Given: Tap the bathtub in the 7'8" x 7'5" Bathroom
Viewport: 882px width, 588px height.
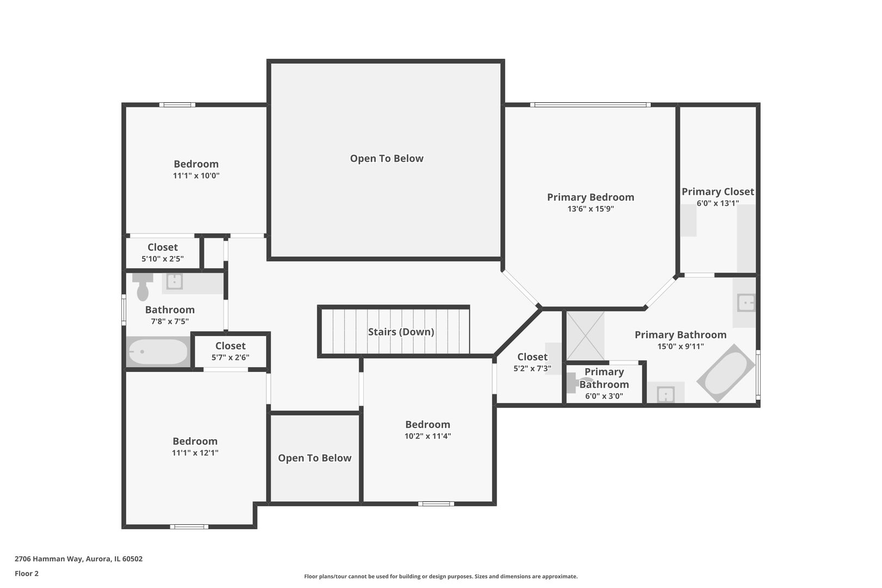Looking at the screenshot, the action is coord(158,352).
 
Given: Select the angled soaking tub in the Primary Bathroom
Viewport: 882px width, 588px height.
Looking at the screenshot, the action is coord(725,373).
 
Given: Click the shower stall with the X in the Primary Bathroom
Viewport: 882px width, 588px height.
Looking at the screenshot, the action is coord(585,336).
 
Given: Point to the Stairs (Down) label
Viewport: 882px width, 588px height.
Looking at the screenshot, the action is coord(401,332).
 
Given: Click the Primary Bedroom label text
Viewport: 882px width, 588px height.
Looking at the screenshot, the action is coord(591,197).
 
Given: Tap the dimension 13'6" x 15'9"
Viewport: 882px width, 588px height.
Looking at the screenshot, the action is coord(591,209).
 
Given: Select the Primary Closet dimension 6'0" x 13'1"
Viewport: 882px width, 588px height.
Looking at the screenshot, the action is coord(718,203).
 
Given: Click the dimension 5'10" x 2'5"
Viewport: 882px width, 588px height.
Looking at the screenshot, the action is coord(163,259).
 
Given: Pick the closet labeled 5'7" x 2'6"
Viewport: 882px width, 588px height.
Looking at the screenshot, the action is coord(230,352).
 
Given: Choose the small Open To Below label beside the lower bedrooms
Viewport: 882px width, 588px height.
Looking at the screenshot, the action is coord(315,458).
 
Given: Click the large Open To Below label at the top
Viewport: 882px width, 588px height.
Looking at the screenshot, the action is coord(387,158).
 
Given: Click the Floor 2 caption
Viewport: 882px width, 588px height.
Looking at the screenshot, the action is coord(27,573).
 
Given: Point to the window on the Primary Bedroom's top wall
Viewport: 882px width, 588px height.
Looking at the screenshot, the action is coord(590,105).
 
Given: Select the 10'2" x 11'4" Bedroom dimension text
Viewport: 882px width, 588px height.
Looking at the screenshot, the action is coord(427,436).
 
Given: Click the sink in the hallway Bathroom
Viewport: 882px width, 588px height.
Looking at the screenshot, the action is coord(174,281).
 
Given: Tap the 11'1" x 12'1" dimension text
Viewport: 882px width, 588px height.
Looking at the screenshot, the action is coord(195,452).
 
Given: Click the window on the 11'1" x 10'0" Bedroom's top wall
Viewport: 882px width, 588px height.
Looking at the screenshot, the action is coord(177,105).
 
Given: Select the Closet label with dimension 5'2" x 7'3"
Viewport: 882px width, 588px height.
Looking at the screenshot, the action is coord(532,357).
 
